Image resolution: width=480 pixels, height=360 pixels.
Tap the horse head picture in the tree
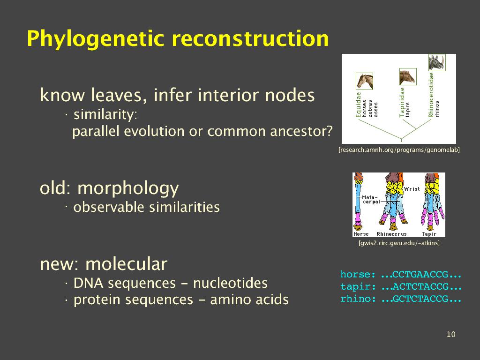coord(364,81)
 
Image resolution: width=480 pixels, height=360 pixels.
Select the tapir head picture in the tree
coord(408,76)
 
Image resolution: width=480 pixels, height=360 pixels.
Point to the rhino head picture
coord(437,62)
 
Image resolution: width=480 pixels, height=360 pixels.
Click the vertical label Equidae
coord(359,105)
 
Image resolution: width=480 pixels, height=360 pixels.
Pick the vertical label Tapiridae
coord(402,102)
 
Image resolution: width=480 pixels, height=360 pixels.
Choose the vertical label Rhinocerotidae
coord(431,95)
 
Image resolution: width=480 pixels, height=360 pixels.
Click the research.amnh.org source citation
coord(399,150)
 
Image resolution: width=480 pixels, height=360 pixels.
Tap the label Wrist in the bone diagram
coord(412,189)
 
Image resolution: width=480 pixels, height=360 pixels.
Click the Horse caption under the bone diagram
coord(361,234)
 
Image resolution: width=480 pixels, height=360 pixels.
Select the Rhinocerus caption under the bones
coord(391,234)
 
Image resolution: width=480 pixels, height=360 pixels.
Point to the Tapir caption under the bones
coord(429,234)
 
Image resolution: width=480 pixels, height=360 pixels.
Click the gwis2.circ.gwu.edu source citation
coord(399,243)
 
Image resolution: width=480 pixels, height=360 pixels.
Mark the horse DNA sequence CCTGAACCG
coord(420,274)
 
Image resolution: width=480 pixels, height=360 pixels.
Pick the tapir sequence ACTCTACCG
coord(420,286)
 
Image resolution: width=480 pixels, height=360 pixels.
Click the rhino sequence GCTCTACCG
coord(420,299)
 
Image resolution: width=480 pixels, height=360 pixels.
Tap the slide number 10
coord(451,334)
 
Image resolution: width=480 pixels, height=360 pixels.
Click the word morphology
coord(128,189)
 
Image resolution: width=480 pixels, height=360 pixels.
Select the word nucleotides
coord(230,283)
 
